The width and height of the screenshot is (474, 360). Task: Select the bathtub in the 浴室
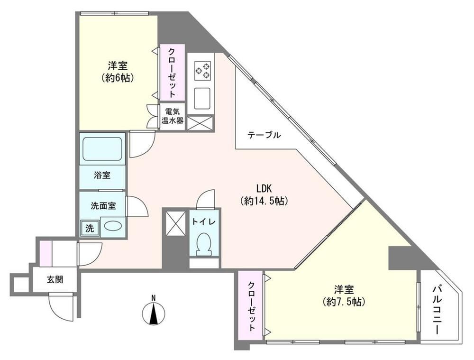102,149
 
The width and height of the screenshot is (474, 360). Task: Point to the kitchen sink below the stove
202,99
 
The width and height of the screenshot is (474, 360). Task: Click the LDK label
264,189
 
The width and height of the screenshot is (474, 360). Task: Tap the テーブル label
264,135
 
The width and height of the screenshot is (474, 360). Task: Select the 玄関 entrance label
55,279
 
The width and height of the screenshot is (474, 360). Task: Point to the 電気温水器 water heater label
173,116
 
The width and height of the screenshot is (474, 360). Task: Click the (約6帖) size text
118,78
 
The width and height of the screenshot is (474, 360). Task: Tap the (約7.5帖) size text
344,302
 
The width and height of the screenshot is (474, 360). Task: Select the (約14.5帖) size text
264,201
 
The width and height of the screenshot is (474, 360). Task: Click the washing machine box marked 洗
90,228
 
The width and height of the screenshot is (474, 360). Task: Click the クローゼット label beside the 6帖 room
172,73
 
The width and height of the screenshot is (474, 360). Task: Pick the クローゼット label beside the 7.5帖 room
251,306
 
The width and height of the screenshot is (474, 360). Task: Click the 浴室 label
102,175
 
